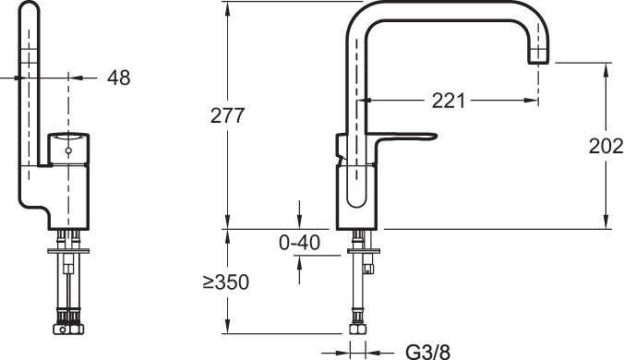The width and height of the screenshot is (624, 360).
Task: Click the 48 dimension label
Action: coord(118,78)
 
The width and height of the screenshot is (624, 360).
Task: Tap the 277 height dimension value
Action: coord(227,115)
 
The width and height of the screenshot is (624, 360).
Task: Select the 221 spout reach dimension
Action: coord(448,101)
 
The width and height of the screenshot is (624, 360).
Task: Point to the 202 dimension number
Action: coord(606,146)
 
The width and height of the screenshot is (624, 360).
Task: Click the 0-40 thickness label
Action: coord(299,242)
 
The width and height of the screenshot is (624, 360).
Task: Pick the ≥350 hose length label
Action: coord(225,282)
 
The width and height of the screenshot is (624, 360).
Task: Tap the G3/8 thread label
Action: coord(428,352)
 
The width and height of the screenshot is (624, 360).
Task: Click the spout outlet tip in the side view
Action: coord(538,60)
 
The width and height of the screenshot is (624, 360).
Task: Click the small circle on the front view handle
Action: coord(68,150)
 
